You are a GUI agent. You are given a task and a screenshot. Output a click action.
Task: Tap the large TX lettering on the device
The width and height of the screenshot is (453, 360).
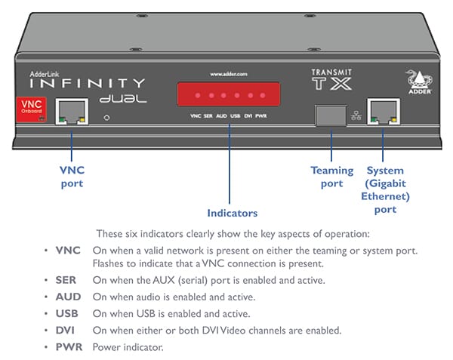click(332, 83)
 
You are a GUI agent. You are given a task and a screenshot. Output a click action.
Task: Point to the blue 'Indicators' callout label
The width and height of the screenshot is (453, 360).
click(232, 213)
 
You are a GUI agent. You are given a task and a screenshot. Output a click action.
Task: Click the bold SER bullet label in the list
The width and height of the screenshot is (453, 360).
click(65, 280)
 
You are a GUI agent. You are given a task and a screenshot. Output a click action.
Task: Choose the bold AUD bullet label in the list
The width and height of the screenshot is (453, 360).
click(66, 297)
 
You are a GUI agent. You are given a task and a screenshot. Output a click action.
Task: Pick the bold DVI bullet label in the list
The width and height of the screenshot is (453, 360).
click(65, 330)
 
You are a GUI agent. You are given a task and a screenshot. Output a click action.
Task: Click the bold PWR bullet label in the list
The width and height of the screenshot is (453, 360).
click(67, 346)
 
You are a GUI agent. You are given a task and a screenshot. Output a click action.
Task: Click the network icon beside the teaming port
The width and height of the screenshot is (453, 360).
click(355, 115)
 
